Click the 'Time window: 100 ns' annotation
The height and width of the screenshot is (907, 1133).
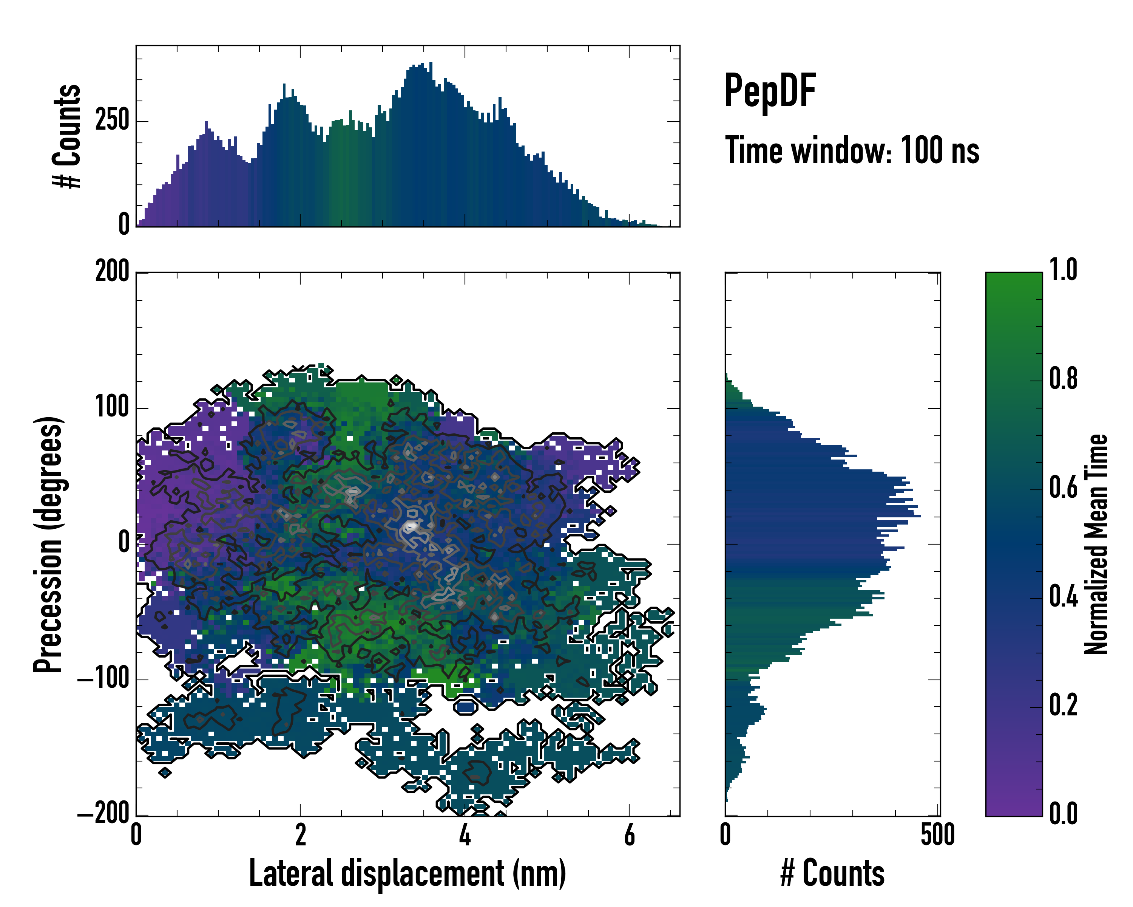pyautogui.click(x=852, y=151)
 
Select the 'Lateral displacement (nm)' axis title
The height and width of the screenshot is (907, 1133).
pyautogui.click(x=407, y=873)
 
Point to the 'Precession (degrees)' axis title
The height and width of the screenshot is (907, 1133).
pyautogui.click(x=48, y=544)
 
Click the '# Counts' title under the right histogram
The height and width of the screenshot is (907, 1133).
pyautogui.click(x=832, y=873)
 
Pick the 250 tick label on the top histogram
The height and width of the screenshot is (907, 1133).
pyautogui.click(x=112, y=121)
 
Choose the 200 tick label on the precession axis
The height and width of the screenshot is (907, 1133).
pyautogui.click(x=112, y=272)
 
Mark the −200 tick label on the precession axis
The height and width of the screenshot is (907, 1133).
pyautogui.click(x=103, y=814)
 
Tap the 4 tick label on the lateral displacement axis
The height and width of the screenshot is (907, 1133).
pyautogui.click(x=465, y=835)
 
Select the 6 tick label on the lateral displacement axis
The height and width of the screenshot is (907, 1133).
pyautogui.click(x=629, y=835)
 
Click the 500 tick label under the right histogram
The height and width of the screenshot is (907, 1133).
pyautogui.click(x=937, y=835)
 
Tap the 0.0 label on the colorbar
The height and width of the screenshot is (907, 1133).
pyautogui.click(x=1063, y=814)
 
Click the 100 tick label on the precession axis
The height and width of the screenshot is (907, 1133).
pyautogui.click(x=112, y=407)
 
